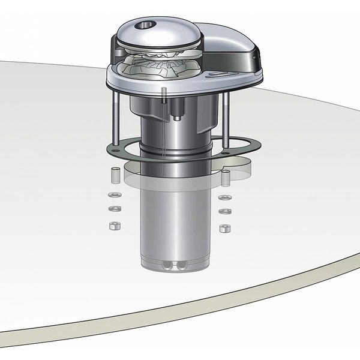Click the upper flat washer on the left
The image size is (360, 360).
pyautogui.click(x=112, y=196)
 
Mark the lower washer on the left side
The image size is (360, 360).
pyautogui.click(x=112, y=209)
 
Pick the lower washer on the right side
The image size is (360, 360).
pyautogui.click(x=225, y=211)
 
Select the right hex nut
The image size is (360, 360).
pyautogui.click(x=225, y=229)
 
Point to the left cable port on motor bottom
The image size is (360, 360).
pyautogui.click(x=164, y=265)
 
